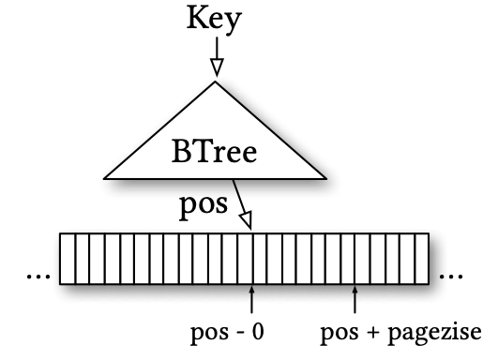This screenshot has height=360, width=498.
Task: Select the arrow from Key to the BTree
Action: [x=217, y=56]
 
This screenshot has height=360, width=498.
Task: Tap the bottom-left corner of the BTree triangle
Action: [x=105, y=177]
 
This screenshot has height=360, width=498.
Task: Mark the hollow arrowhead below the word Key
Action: [x=217, y=66]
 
